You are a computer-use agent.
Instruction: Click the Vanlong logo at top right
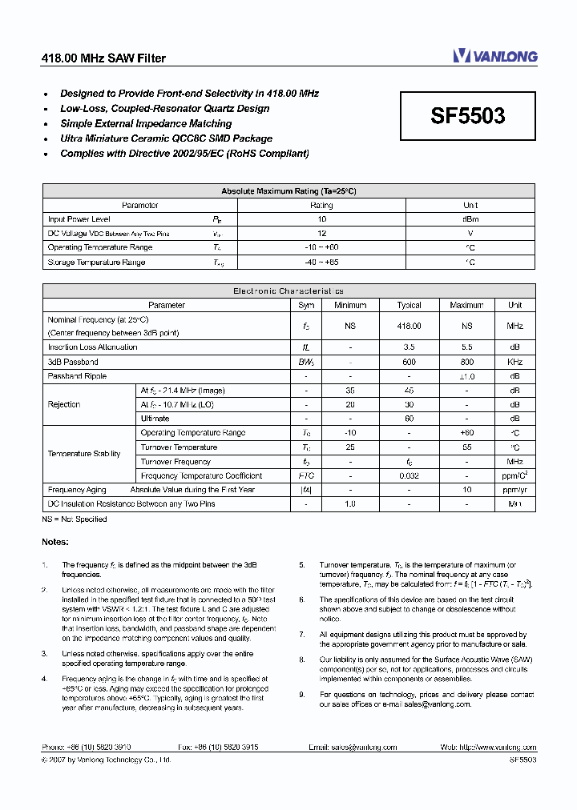[x=494, y=56]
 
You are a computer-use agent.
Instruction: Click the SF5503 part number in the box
[x=468, y=117]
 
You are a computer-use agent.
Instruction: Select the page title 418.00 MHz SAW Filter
[x=103, y=58]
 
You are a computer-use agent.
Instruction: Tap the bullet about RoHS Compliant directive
[x=184, y=154]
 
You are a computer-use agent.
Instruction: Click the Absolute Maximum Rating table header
[x=288, y=191]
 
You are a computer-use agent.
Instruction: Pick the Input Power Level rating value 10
[x=321, y=219]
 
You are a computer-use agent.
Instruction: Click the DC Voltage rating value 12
[x=321, y=234]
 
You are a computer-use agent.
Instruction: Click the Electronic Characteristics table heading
[x=288, y=291]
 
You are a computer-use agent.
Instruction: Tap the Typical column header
[x=409, y=305]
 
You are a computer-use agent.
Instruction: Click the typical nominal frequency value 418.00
[x=409, y=327]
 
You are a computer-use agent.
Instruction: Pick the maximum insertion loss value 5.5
[x=466, y=347]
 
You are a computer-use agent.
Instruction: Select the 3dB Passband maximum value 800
[x=466, y=362]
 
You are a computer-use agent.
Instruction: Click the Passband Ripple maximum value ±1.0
[x=466, y=376]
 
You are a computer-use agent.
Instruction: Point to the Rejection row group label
[x=64, y=404]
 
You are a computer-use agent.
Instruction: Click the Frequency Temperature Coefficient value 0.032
[x=409, y=475]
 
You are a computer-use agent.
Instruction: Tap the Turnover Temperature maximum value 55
[x=466, y=447]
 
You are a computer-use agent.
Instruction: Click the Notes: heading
[x=55, y=543]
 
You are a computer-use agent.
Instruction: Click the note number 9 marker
[x=302, y=695]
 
